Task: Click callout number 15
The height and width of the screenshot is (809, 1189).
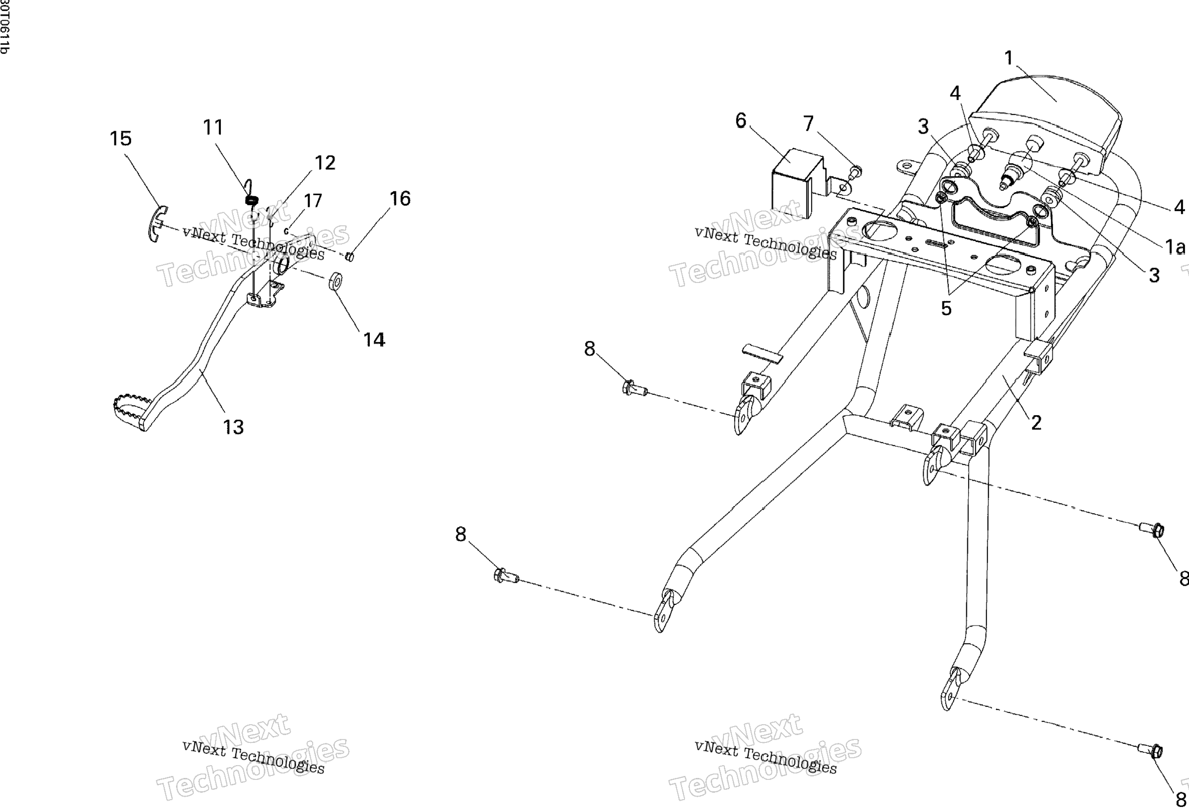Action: [121, 139]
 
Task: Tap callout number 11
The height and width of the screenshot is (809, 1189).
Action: [213, 127]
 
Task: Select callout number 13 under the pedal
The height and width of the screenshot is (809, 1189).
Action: [233, 427]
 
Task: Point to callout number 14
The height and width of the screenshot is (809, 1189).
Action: [374, 340]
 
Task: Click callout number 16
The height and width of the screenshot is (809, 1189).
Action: [399, 198]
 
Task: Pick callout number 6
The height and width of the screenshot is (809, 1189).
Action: [741, 121]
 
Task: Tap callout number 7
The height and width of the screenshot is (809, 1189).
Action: [808, 123]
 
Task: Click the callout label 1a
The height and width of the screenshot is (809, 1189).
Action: [1175, 247]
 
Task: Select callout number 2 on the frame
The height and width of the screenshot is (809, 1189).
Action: [1036, 422]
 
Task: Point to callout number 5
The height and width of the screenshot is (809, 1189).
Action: [946, 308]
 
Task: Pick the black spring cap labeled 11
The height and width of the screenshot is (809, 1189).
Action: [251, 200]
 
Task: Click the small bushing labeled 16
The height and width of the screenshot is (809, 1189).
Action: [351, 257]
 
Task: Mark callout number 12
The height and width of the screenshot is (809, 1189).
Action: [325, 163]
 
